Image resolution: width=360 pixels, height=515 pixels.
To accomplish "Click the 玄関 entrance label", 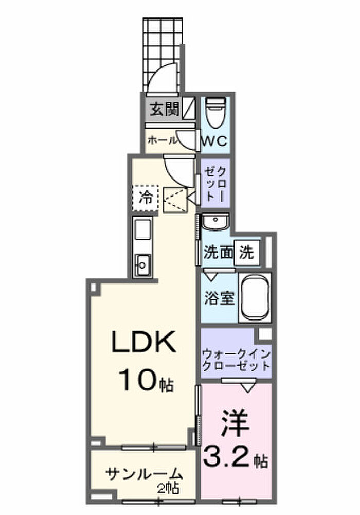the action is click(x=165, y=110).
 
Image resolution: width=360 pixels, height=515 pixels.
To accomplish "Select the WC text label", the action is click(x=214, y=141).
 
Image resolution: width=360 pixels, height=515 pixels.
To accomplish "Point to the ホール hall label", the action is click(x=163, y=140).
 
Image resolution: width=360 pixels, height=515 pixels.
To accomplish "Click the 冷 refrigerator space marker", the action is click(x=146, y=198).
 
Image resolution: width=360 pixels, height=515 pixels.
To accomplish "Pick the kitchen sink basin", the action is click(x=142, y=264).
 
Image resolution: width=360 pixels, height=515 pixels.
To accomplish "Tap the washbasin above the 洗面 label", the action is click(x=215, y=222).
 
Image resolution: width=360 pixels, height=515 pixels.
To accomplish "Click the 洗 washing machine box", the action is click(x=247, y=253).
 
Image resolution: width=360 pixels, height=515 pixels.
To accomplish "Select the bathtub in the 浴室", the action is click(x=255, y=297).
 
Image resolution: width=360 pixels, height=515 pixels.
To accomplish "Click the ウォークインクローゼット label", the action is click(x=236, y=360).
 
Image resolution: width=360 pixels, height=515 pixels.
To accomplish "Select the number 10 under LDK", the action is click(x=138, y=380).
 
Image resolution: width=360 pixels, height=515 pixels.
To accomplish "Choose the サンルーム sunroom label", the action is click(x=144, y=474).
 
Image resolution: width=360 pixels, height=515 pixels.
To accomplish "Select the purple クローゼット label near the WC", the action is click(x=215, y=184).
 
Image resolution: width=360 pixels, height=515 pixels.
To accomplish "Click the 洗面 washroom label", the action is click(x=218, y=253).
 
